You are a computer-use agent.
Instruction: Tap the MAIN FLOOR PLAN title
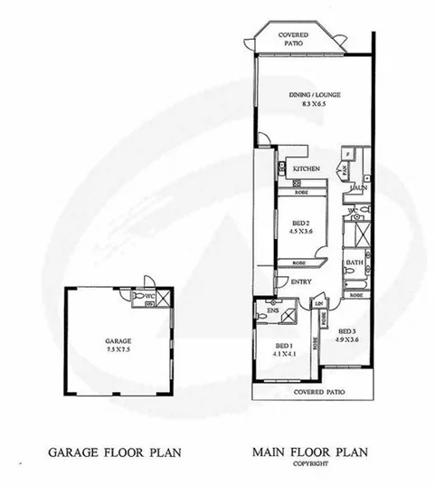pyautogui.click(x=309, y=450)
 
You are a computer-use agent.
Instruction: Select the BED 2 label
pyautogui.click(x=303, y=222)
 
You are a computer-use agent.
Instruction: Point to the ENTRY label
pyautogui.click(x=302, y=281)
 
